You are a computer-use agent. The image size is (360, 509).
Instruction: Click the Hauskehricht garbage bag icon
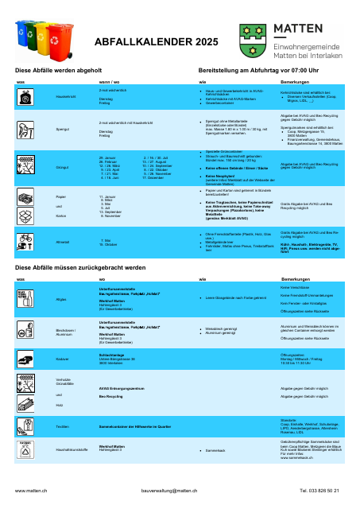[x=26, y=95]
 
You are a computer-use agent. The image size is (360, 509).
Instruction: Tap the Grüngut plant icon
[x=26, y=165]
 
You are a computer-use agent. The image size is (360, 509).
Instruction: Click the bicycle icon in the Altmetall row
[x=26, y=238]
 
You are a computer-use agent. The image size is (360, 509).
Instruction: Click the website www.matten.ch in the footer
[x=32, y=492]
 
